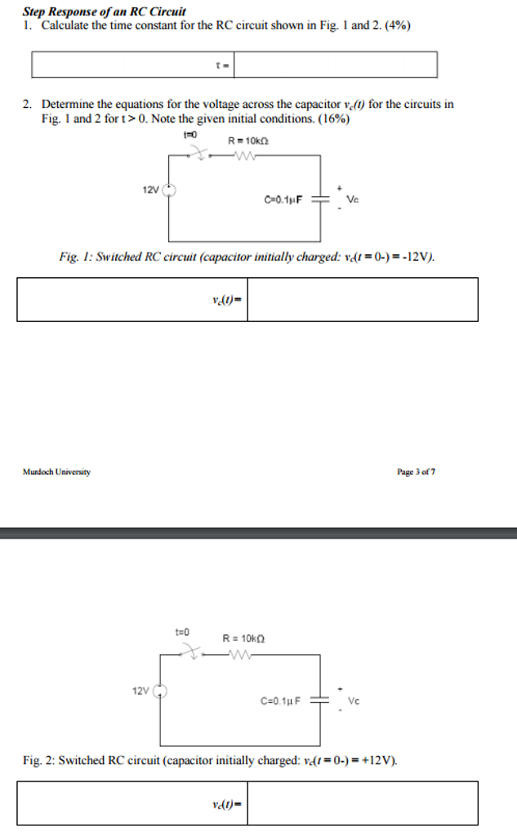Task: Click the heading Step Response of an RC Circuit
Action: coord(104,11)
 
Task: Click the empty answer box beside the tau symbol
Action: coord(335,65)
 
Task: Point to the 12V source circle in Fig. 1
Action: coord(169,190)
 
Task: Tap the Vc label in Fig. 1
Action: coord(353,199)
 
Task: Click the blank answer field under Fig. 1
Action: coord(362,299)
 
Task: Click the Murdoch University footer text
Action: coord(56,472)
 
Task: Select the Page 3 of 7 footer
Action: coord(416,472)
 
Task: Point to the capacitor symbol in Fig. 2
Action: coord(319,700)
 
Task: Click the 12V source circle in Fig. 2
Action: coord(161,691)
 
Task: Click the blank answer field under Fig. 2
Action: coord(362,803)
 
